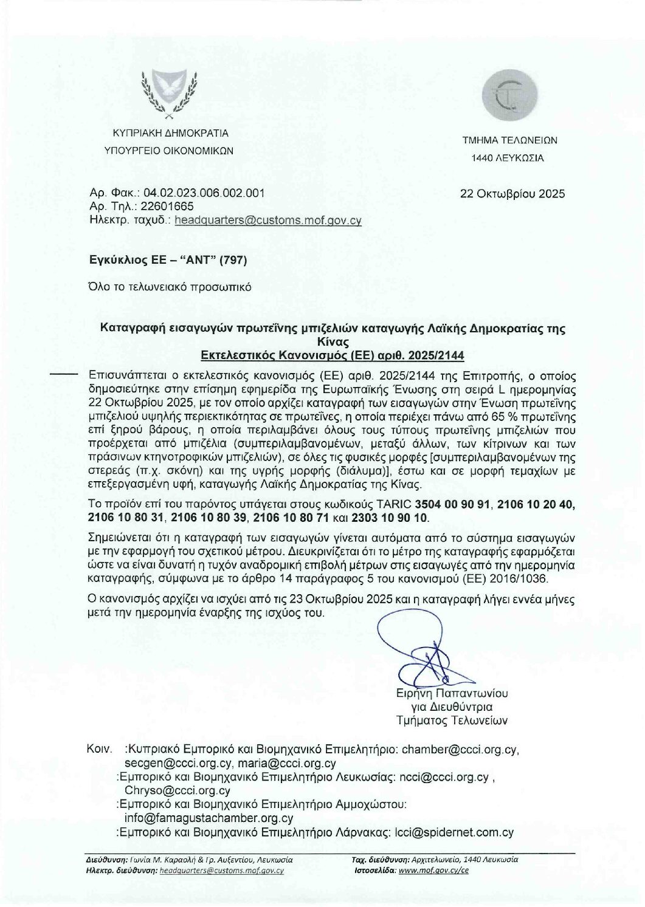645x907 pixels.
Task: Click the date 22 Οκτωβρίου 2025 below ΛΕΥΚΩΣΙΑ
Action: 512,194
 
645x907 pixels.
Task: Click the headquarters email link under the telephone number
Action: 267,221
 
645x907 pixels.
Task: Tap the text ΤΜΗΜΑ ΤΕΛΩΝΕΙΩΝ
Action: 509,140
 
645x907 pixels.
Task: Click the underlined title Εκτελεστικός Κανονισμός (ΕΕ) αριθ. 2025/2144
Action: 333,355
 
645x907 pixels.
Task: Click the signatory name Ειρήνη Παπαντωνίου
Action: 452,693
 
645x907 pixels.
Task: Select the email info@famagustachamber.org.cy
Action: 209,818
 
